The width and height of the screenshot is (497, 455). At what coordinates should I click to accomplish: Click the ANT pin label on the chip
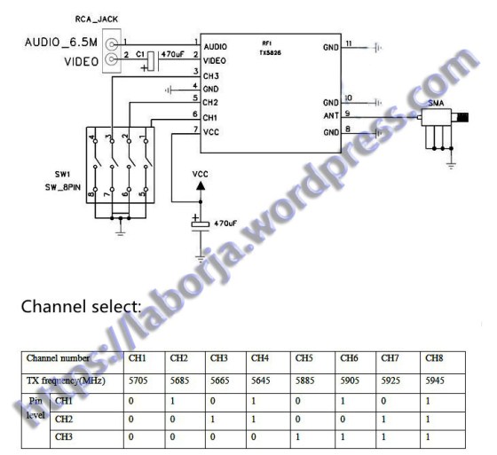click(331, 116)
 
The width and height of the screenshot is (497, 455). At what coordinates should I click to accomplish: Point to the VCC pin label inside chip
click(212, 131)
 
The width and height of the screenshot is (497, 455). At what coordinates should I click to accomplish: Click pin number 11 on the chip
click(350, 43)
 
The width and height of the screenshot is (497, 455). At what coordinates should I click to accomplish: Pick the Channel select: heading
click(81, 307)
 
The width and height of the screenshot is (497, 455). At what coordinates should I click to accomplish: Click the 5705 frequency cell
click(139, 379)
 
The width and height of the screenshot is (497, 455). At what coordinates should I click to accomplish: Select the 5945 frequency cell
click(434, 379)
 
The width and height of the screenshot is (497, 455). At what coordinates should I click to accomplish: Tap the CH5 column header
click(304, 358)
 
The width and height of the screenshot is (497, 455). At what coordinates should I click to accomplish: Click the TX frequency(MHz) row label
click(67, 379)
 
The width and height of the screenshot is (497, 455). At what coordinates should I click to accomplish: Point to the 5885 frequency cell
click(304, 379)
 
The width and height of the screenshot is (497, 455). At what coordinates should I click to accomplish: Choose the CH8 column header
click(433, 358)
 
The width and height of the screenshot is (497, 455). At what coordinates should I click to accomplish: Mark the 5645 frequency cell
click(261, 379)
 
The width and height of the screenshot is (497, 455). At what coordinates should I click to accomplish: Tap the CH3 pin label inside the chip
click(212, 76)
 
